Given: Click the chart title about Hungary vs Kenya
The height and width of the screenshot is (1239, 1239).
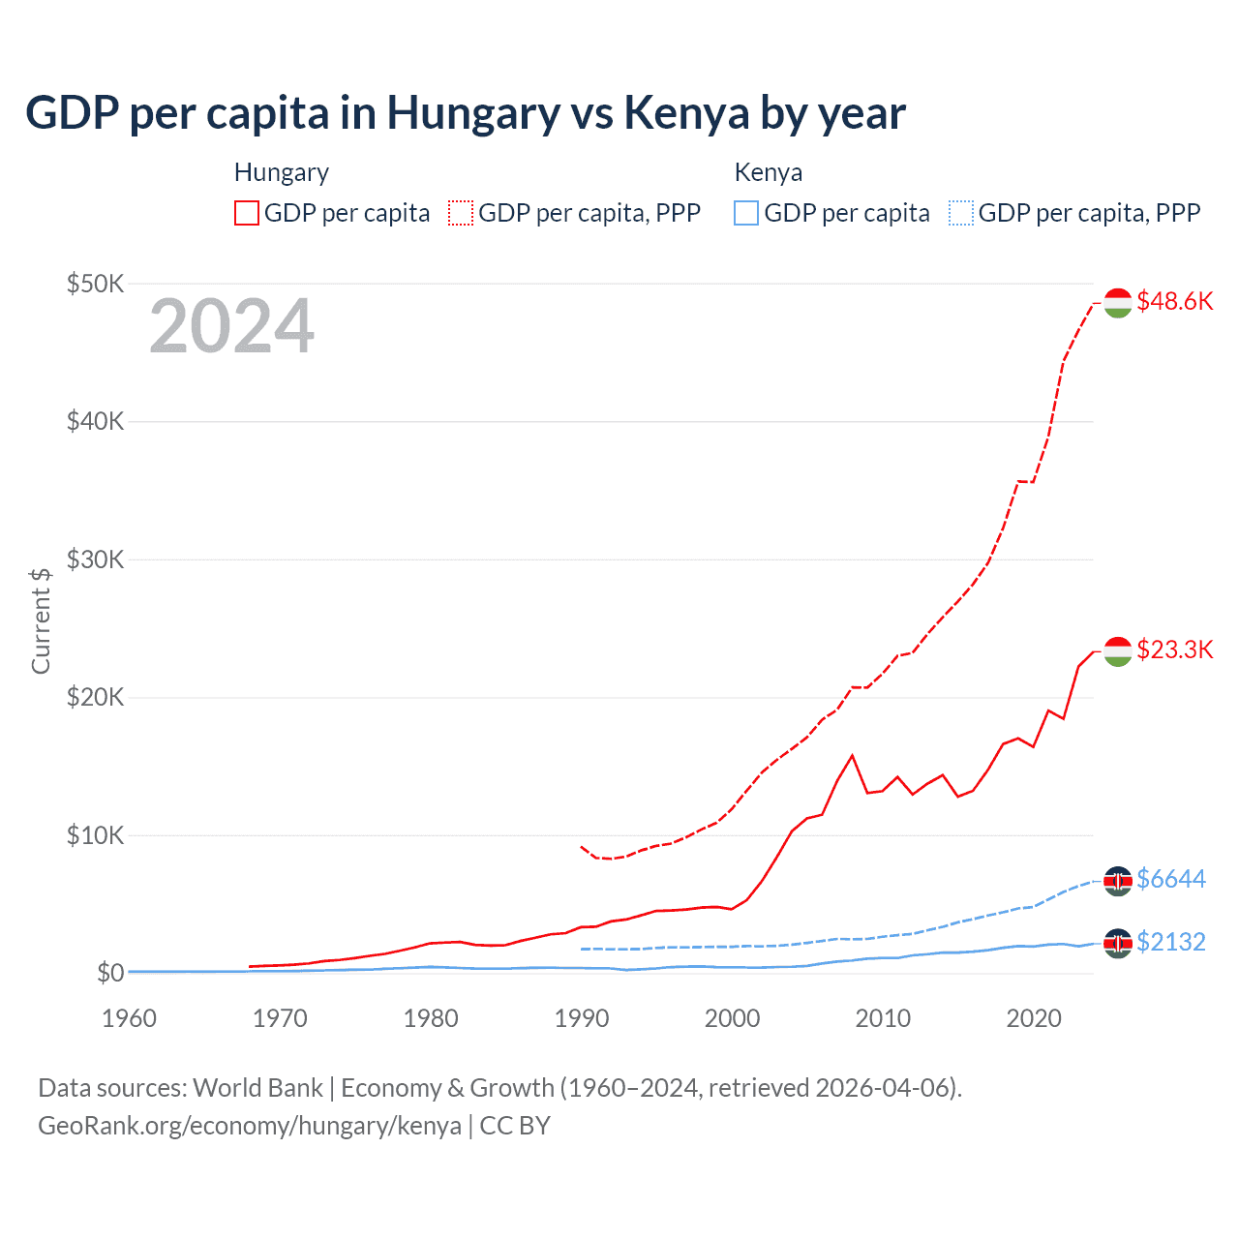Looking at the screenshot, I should click(x=465, y=112).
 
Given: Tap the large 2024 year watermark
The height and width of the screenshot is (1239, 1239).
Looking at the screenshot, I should click(x=231, y=326).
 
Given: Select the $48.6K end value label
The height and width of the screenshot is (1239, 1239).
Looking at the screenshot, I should click(x=1174, y=301).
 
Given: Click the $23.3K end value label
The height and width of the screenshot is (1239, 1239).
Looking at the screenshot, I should click(x=1174, y=649).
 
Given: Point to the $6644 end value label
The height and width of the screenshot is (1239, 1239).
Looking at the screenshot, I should click(x=1170, y=879).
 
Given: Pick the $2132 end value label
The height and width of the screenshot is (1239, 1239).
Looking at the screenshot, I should click(x=1170, y=942).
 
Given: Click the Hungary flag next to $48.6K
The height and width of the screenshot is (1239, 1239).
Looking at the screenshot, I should click(x=1118, y=302).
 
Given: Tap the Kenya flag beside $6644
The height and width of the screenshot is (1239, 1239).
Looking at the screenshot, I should click(x=1118, y=880).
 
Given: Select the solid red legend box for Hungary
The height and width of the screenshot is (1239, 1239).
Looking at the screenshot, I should click(x=247, y=213).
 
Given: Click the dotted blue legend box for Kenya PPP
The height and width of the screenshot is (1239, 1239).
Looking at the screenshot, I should click(x=961, y=213).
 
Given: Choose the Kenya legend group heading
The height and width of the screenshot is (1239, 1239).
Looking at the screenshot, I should click(x=769, y=172).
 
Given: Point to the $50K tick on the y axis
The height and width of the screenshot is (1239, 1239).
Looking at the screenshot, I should click(x=95, y=284).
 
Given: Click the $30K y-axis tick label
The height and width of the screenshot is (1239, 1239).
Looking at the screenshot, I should click(x=95, y=559).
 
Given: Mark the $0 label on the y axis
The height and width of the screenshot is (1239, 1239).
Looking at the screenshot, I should click(x=109, y=973).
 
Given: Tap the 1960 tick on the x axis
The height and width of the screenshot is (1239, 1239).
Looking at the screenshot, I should click(x=129, y=1018).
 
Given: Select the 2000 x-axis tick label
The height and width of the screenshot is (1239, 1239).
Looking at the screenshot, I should click(x=732, y=1018).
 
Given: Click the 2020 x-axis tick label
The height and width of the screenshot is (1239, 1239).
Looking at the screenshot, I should click(x=1034, y=1018).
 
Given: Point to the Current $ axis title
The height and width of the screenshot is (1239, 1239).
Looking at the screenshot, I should click(x=41, y=620).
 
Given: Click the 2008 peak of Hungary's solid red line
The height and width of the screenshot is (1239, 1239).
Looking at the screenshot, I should click(x=852, y=755).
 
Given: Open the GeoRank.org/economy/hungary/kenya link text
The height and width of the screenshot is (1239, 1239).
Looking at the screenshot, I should click(x=250, y=1126).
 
